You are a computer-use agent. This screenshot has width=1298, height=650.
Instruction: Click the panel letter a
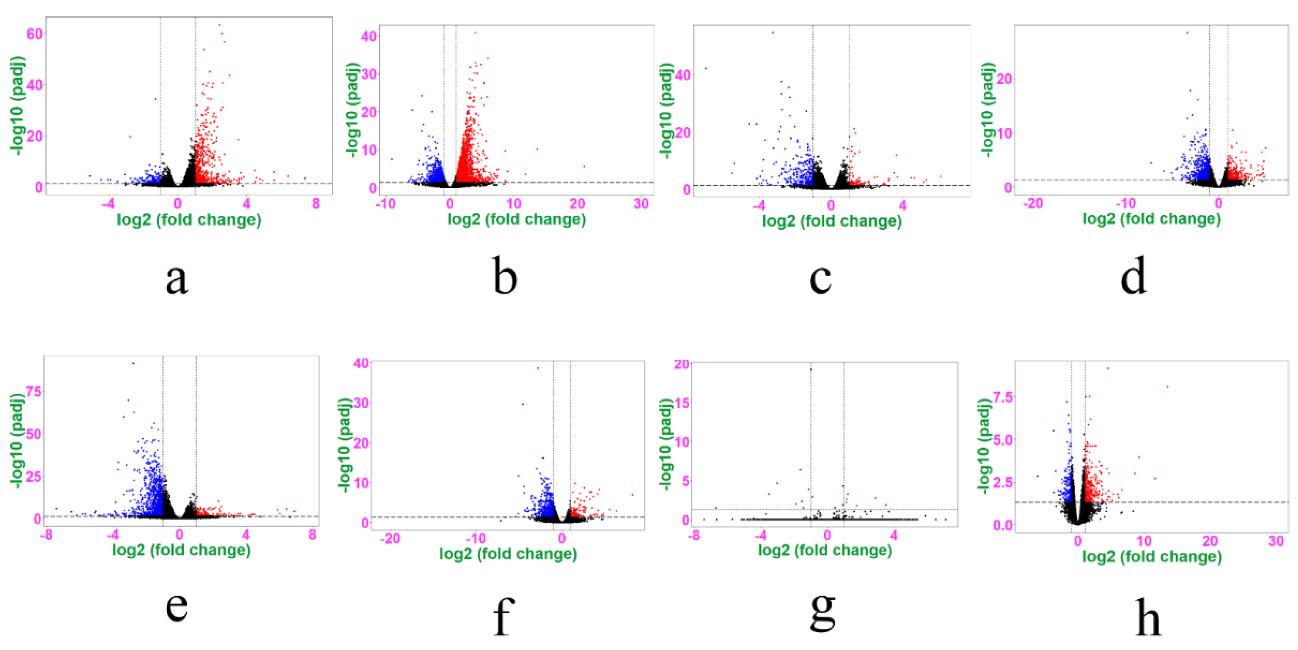tap(177, 280)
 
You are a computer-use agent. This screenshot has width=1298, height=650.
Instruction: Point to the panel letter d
tap(1134, 276)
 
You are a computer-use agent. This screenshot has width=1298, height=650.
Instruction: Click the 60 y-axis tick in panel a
tap(35, 34)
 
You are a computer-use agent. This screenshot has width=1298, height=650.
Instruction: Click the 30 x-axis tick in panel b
tap(641, 204)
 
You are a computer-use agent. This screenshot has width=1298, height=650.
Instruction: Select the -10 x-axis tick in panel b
tap(385, 204)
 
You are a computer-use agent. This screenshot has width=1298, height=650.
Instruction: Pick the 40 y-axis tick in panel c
tap(683, 75)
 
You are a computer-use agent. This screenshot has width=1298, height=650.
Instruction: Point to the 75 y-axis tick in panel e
tap(34, 391)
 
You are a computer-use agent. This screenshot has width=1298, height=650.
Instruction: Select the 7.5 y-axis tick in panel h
tap(1003, 397)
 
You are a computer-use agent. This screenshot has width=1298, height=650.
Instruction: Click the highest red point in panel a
tap(219, 25)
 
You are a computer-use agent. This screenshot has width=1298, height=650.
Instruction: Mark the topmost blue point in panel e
tap(133, 363)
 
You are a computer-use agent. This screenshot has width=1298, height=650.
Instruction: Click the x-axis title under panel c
tap(831, 221)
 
